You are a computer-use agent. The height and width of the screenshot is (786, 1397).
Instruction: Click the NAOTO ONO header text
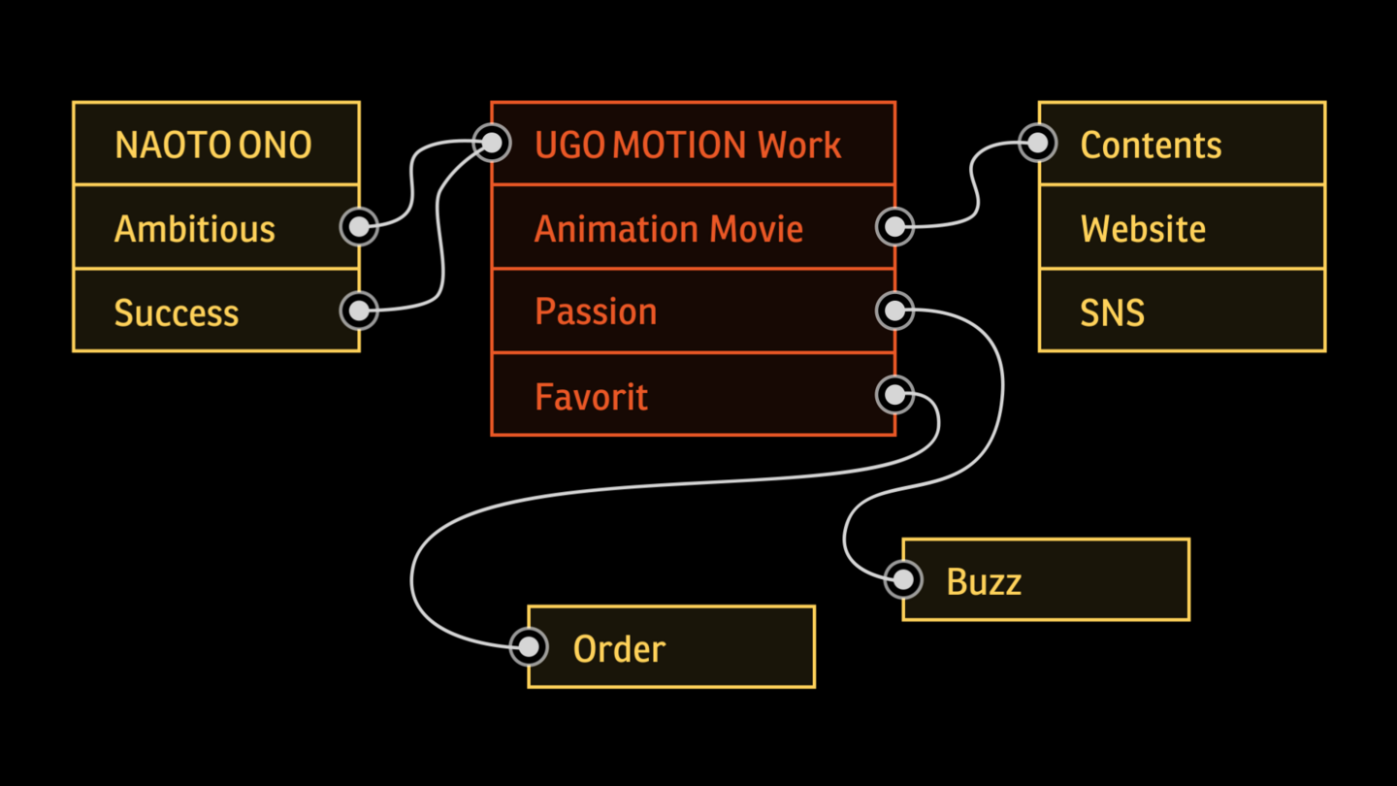click(x=212, y=146)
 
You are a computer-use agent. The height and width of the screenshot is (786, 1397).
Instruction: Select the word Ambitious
click(x=194, y=229)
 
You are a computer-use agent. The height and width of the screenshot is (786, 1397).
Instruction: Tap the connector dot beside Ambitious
click(x=359, y=226)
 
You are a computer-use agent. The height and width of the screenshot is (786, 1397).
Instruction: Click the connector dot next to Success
click(x=359, y=311)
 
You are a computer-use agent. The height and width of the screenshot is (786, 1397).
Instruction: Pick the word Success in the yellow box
click(x=176, y=313)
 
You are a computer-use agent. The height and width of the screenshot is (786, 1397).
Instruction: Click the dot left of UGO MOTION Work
click(x=492, y=143)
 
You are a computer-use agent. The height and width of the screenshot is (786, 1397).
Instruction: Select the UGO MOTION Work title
click(x=688, y=146)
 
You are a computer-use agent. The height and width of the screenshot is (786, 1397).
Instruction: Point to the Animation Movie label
click(x=668, y=229)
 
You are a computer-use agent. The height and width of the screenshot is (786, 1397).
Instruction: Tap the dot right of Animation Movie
click(x=894, y=227)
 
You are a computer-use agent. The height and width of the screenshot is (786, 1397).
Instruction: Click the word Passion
click(x=596, y=311)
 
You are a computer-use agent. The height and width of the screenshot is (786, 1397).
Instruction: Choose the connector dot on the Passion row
click(x=894, y=311)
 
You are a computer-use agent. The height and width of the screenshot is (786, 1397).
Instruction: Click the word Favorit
click(x=591, y=397)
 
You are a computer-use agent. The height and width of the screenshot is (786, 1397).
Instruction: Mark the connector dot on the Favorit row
click(x=894, y=395)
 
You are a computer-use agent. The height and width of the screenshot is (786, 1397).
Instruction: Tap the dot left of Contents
click(x=1038, y=143)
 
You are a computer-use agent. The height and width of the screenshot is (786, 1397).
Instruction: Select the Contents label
click(x=1151, y=146)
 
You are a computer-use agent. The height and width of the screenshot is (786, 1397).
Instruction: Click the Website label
click(x=1143, y=229)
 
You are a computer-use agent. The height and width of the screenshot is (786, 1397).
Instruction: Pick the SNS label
click(x=1112, y=313)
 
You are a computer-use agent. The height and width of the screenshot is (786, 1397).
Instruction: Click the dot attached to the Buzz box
click(x=903, y=579)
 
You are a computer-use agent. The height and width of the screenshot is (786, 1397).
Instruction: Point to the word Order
click(x=619, y=649)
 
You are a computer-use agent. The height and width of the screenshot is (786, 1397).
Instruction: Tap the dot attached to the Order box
click(x=529, y=646)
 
